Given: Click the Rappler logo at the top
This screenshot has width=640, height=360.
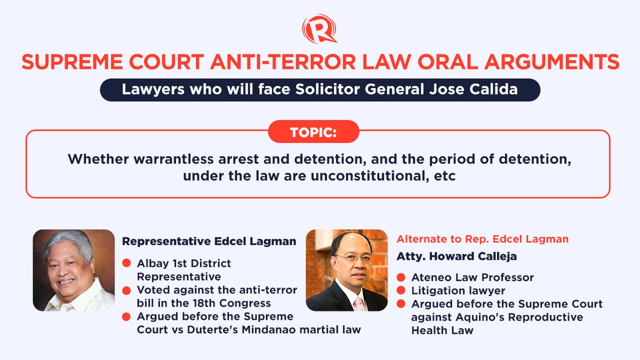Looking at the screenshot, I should tap(319, 29).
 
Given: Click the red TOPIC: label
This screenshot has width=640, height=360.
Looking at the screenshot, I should tap(313, 132).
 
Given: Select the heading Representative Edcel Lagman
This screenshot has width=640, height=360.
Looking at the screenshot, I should tap(209, 241).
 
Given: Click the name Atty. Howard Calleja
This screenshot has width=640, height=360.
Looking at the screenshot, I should tap(457, 256).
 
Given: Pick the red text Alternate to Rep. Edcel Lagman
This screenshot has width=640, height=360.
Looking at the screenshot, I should tap(483, 239).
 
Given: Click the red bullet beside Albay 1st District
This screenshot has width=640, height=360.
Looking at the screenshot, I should tap(127, 264).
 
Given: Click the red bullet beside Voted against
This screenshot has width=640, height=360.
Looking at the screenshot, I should tap(127, 290).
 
